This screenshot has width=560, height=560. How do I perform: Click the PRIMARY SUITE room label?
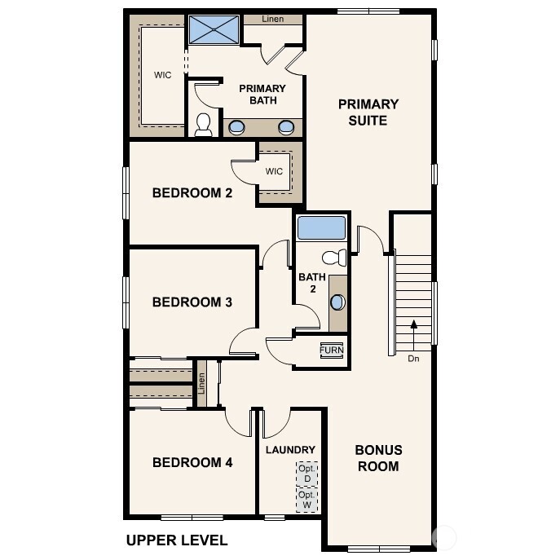(x=368, y=112)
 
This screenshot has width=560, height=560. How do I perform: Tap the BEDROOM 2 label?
(x=192, y=193)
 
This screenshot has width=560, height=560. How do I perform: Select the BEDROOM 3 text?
(x=192, y=302)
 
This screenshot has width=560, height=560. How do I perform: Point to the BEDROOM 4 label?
(x=192, y=463)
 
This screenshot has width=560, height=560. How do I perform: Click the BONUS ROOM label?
(x=378, y=458)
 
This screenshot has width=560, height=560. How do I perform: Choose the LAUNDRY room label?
(x=290, y=450)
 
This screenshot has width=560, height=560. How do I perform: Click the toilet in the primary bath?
(x=203, y=124)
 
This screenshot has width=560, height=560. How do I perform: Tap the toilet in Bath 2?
(x=334, y=258)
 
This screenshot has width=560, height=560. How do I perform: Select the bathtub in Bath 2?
(x=321, y=227)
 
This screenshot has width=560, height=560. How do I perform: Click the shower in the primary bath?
(x=213, y=30)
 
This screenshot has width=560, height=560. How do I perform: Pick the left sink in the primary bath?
(x=237, y=126)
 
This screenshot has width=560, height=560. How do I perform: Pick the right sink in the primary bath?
(x=286, y=126)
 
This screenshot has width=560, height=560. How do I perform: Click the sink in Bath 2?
(x=337, y=302)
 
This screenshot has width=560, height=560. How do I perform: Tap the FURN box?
(x=332, y=350)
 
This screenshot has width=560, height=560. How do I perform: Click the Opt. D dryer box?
(x=306, y=474)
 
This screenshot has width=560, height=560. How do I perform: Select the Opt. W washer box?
(x=306, y=500)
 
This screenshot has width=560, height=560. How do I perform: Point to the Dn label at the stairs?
(x=414, y=358)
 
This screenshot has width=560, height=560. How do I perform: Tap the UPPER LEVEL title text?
(x=177, y=540)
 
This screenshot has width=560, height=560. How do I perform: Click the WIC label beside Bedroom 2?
(x=274, y=172)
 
